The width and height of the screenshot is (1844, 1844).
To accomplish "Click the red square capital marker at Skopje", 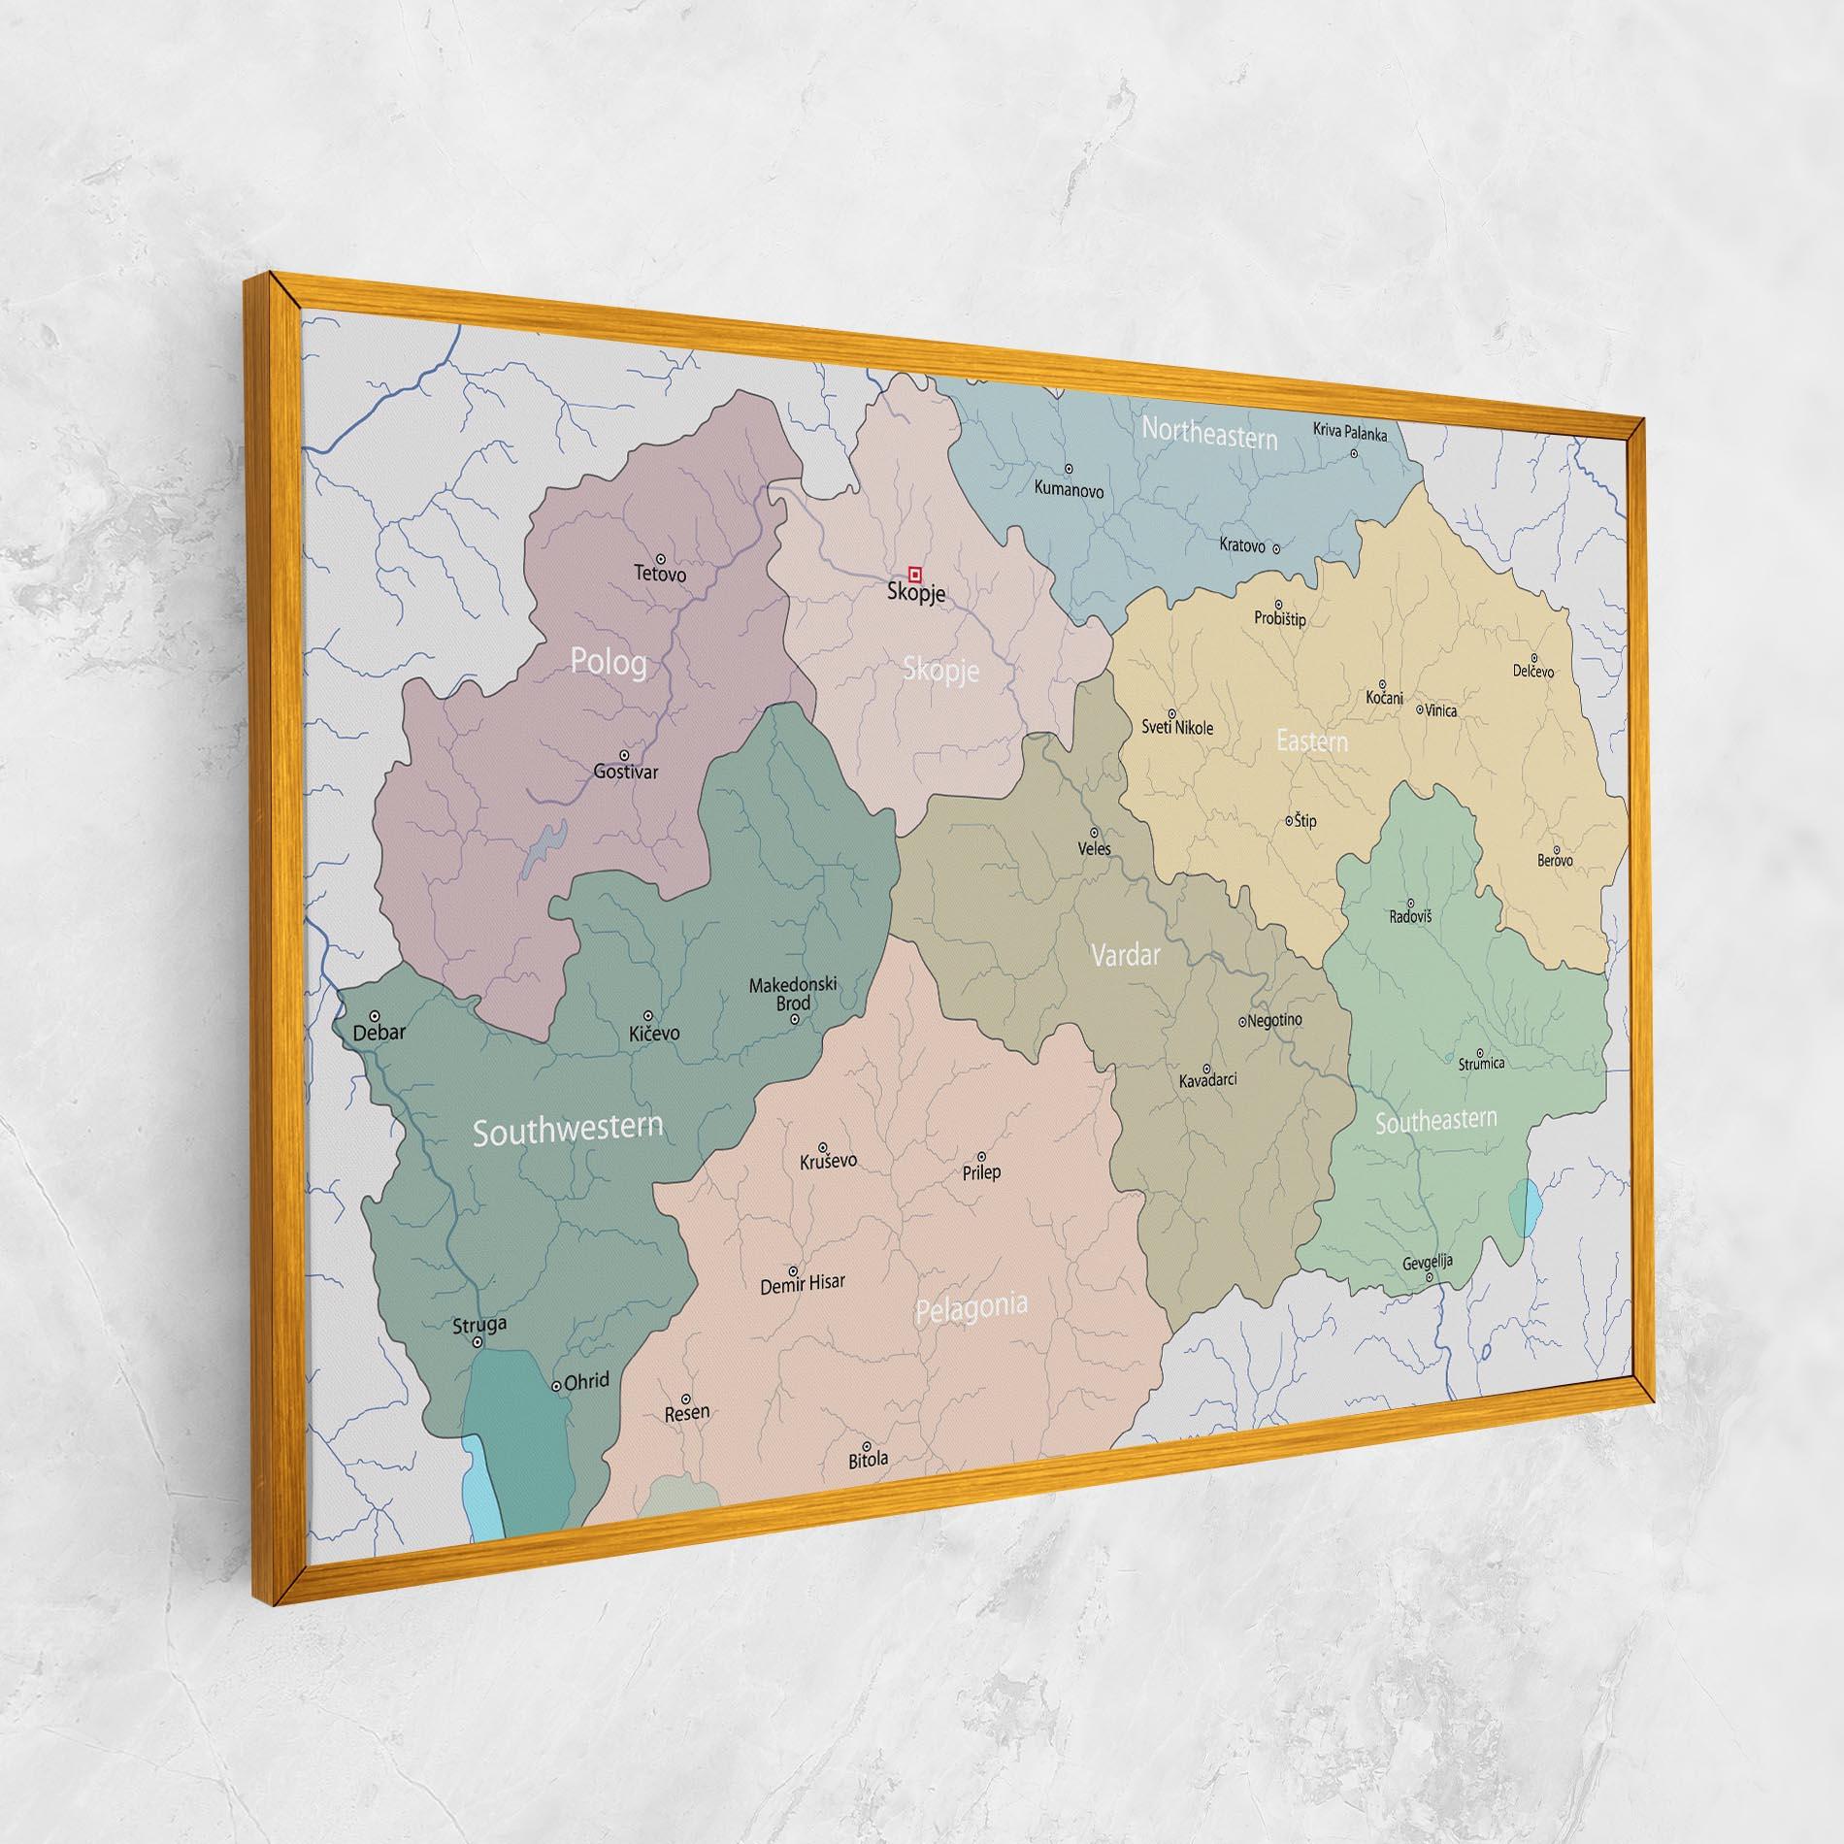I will [913, 573].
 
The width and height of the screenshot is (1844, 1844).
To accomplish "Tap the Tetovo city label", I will [660, 574].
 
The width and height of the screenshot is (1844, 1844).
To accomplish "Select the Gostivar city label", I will [625, 772].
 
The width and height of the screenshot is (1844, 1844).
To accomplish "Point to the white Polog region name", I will [609, 663].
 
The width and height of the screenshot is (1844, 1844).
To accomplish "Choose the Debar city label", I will [379, 1033].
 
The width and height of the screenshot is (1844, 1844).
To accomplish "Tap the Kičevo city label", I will [654, 1034].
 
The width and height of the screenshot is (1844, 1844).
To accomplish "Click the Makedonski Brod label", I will [792, 994].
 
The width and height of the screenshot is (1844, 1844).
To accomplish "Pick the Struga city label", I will [479, 1324].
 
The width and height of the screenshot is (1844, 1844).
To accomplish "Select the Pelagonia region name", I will [971, 1308].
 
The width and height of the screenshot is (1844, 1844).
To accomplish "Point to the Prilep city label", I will [981, 1171].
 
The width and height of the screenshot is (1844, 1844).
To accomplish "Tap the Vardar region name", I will [1125, 956].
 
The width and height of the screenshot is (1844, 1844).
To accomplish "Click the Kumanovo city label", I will [1069, 490].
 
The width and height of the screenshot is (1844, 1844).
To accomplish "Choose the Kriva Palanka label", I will [1350, 432].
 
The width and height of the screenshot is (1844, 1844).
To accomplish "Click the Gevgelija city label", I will [1427, 1263].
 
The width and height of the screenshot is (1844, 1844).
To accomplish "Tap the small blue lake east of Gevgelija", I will [1526, 1207].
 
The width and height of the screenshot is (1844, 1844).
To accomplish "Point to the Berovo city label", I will [1555, 860].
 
